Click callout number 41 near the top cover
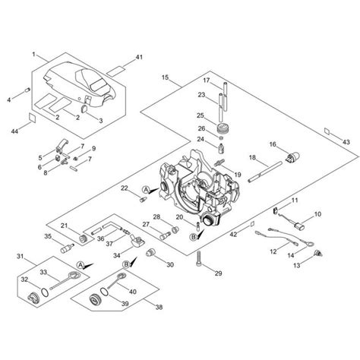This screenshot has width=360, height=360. click(138, 58)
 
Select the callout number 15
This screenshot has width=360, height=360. click(166, 77)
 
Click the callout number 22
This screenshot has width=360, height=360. click(125, 188)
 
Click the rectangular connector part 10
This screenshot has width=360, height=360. click(297, 229)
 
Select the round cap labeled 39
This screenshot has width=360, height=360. click(99, 297)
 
